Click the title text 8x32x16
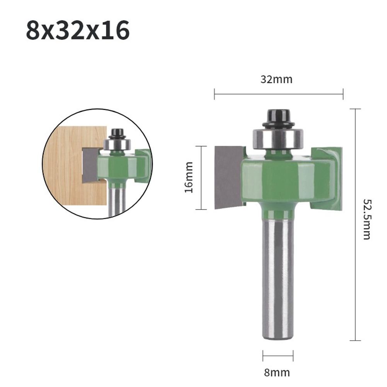coord(77,31)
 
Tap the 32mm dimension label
coord(276,80)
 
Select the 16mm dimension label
coord(189,177)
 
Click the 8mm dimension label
coord(277,373)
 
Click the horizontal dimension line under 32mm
coord(278,93)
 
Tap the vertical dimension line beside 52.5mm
coord(355,224)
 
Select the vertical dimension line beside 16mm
coord(201,177)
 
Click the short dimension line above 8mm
coord(278,356)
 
